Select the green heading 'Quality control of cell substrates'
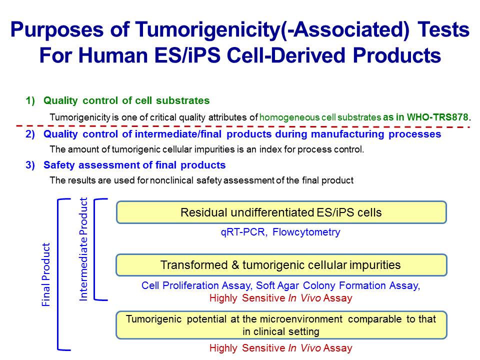pos(126,100)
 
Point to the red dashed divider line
pos(243,126)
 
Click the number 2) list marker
pos(30,134)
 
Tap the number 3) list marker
pos(30,165)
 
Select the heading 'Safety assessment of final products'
pos(134,165)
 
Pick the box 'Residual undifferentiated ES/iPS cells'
pos(281,212)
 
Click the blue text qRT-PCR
pos(243,232)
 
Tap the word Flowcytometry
pos(306,232)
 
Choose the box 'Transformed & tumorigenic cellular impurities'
pos(281,265)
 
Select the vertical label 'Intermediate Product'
pos(83,249)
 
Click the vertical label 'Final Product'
pos(46,274)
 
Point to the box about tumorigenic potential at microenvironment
pos(281,325)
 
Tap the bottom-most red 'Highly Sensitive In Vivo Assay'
pos(280,348)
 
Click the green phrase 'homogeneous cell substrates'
pos(320,117)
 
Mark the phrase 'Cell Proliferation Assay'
pos(196,285)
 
